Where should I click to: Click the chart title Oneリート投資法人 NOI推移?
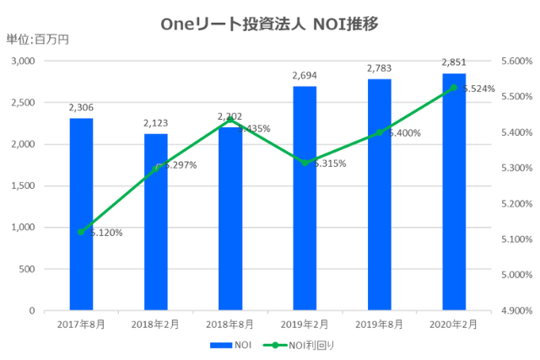(269, 24)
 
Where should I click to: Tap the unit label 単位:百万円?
(37, 40)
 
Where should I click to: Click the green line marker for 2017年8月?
(81, 232)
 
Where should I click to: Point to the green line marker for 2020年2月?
(453, 88)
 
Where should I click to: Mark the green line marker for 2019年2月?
(305, 163)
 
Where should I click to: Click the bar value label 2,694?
(305, 76)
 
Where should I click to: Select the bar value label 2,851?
(453, 62)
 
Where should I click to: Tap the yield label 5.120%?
(105, 233)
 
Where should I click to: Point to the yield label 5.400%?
(402, 133)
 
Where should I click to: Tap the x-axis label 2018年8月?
(229, 324)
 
